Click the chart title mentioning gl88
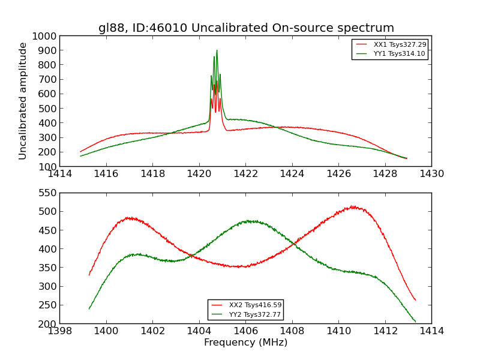click(x=246, y=28)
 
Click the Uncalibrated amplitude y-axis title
click(x=23, y=101)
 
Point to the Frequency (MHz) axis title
click(x=245, y=343)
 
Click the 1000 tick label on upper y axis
click(x=45, y=36)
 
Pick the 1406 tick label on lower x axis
click(x=245, y=331)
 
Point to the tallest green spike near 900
click(x=217, y=50)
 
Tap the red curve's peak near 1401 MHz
click(x=129, y=217)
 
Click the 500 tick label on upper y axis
click(x=48, y=109)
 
